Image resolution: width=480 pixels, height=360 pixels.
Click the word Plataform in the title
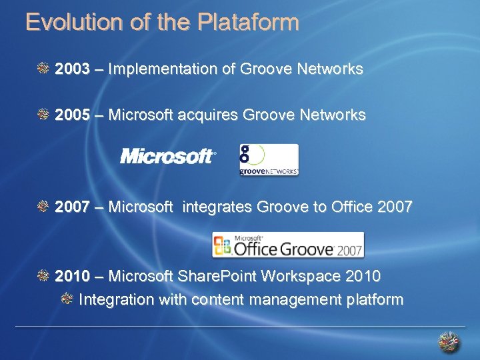(247, 23)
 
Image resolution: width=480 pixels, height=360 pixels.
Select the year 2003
(72, 69)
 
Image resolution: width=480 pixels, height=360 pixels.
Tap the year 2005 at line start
(72, 116)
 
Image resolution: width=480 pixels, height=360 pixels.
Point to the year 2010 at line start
(72, 276)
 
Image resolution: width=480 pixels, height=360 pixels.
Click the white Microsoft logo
(167, 157)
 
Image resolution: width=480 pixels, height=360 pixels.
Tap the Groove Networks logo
(269, 160)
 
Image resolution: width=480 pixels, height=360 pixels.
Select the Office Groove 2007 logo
(288, 245)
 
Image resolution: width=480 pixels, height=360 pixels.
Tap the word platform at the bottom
(375, 300)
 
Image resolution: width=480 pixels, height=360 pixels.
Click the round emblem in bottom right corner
(449, 342)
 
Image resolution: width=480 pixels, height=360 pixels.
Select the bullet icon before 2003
(44, 69)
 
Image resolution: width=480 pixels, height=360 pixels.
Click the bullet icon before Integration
(67, 299)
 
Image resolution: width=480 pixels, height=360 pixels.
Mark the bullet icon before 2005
(44, 115)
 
